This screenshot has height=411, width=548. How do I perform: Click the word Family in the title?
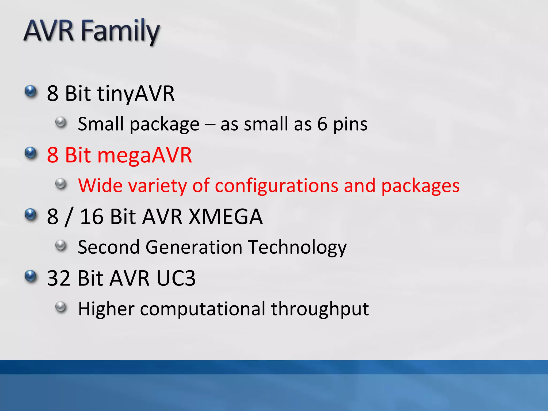(x=120, y=32)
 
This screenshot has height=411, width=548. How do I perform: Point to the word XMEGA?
(x=226, y=216)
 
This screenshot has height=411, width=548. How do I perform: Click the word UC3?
(x=176, y=278)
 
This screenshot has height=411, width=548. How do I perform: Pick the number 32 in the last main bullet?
(x=59, y=278)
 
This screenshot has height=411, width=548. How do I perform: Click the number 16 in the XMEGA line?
(x=92, y=216)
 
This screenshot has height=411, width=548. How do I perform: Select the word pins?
(x=350, y=125)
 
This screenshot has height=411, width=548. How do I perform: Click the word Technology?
(x=297, y=248)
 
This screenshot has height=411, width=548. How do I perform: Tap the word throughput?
(x=320, y=309)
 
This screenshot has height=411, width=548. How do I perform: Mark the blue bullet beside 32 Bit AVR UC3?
(x=31, y=276)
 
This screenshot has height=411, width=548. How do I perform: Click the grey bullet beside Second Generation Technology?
(x=61, y=245)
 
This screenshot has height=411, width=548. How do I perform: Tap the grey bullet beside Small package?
(x=61, y=122)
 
